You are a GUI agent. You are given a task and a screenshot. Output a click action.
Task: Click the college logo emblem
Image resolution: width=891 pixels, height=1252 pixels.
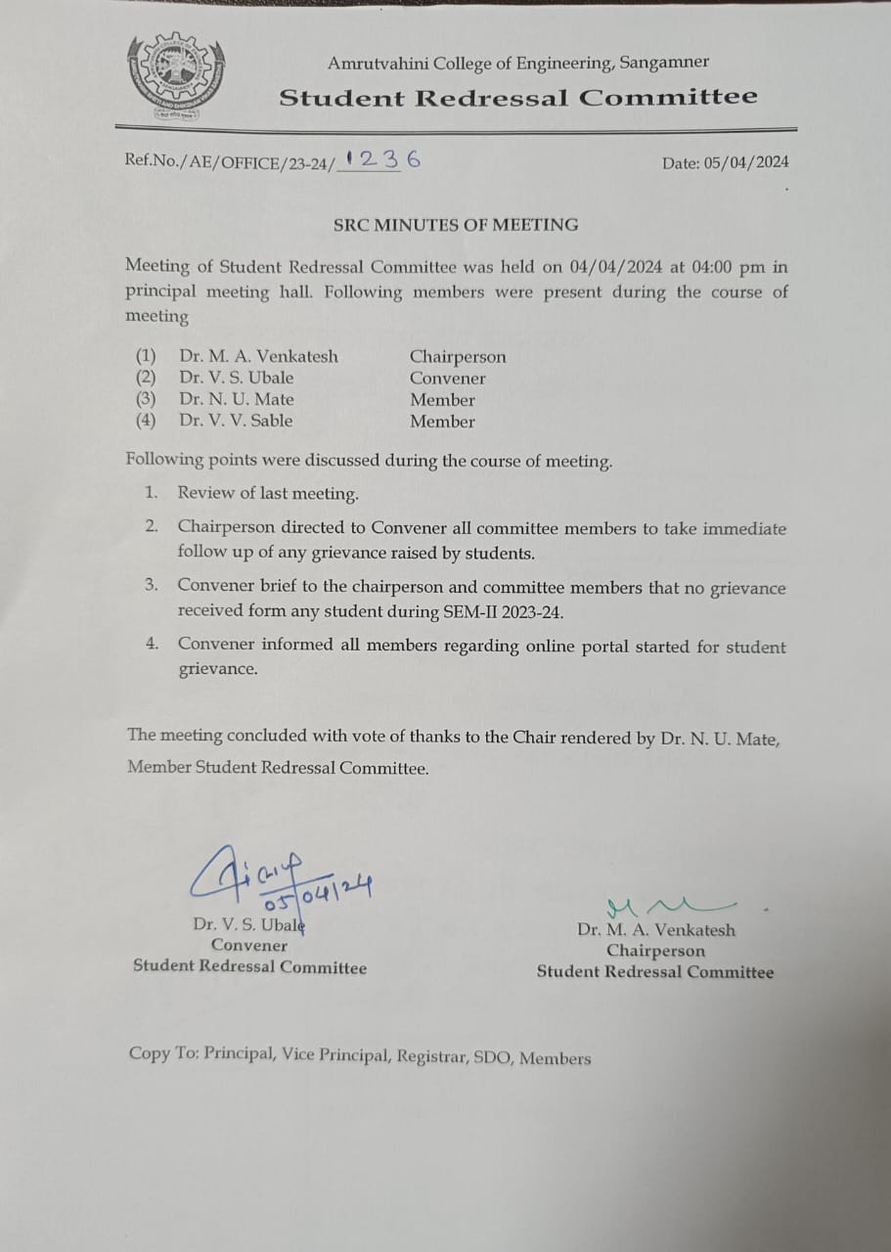click(175, 78)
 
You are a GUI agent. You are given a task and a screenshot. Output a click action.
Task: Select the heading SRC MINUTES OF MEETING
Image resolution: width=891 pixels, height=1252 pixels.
click(455, 224)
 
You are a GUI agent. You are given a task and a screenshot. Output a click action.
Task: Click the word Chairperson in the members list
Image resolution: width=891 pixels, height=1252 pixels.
click(457, 357)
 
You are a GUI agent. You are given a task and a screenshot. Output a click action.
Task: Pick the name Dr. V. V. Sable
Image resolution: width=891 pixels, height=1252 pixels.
click(236, 421)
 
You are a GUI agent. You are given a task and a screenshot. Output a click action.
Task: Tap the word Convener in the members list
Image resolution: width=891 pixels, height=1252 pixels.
click(447, 379)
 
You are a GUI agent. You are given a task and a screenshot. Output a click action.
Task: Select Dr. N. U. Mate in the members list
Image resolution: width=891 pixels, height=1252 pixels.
click(236, 399)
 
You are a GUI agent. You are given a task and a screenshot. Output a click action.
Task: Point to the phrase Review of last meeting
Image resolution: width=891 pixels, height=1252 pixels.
click(268, 494)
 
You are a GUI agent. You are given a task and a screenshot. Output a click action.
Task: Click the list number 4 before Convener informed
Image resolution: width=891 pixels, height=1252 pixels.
click(152, 645)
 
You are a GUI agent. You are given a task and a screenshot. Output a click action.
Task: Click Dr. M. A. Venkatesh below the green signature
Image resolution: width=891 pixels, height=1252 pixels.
click(655, 930)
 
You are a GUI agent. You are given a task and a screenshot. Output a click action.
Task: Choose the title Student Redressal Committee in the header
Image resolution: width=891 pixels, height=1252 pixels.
click(517, 98)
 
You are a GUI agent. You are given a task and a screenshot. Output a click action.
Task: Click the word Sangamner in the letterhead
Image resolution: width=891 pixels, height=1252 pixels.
click(662, 63)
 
